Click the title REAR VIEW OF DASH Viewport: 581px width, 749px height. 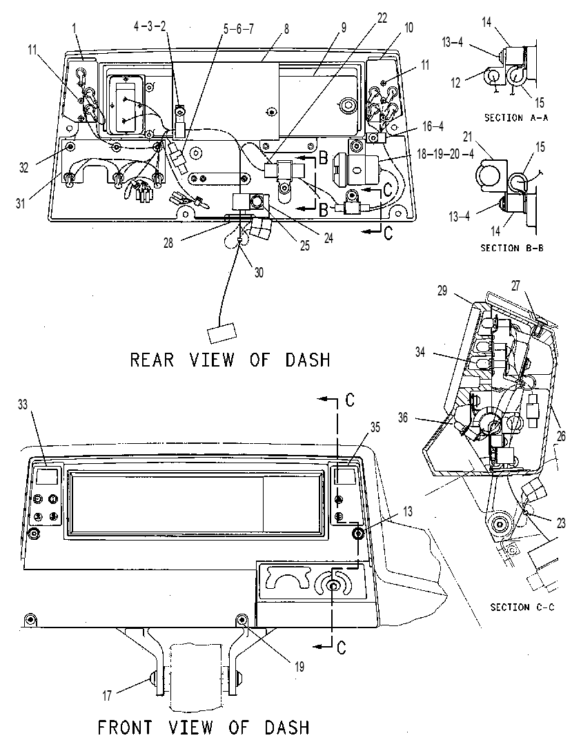[x=230, y=360]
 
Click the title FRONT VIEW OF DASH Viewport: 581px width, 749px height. [x=204, y=728]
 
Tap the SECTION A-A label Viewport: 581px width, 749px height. [x=516, y=117]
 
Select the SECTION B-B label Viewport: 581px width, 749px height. [x=512, y=248]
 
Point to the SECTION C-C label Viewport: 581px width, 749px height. [x=522, y=607]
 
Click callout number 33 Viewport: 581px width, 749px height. [x=23, y=405]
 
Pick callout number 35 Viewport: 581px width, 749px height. [x=375, y=427]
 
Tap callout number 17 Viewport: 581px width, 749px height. [x=107, y=696]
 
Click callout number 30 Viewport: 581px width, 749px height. [x=259, y=272]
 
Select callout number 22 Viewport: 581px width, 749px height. [x=382, y=18]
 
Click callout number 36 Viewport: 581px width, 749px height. [x=403, y=418]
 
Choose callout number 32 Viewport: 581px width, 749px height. [x=24, y=168]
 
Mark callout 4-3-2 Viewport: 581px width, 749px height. [x=150, y=26]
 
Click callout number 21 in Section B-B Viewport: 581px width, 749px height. [x=467, y=137]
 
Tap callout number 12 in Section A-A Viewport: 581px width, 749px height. [x=455, y=83]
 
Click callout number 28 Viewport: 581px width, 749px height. [x=168, y=243]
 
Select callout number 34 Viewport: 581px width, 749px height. [x=420, y=353]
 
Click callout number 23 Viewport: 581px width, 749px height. [x=562, y=523]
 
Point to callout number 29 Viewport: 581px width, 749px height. [x=442, y=291]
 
